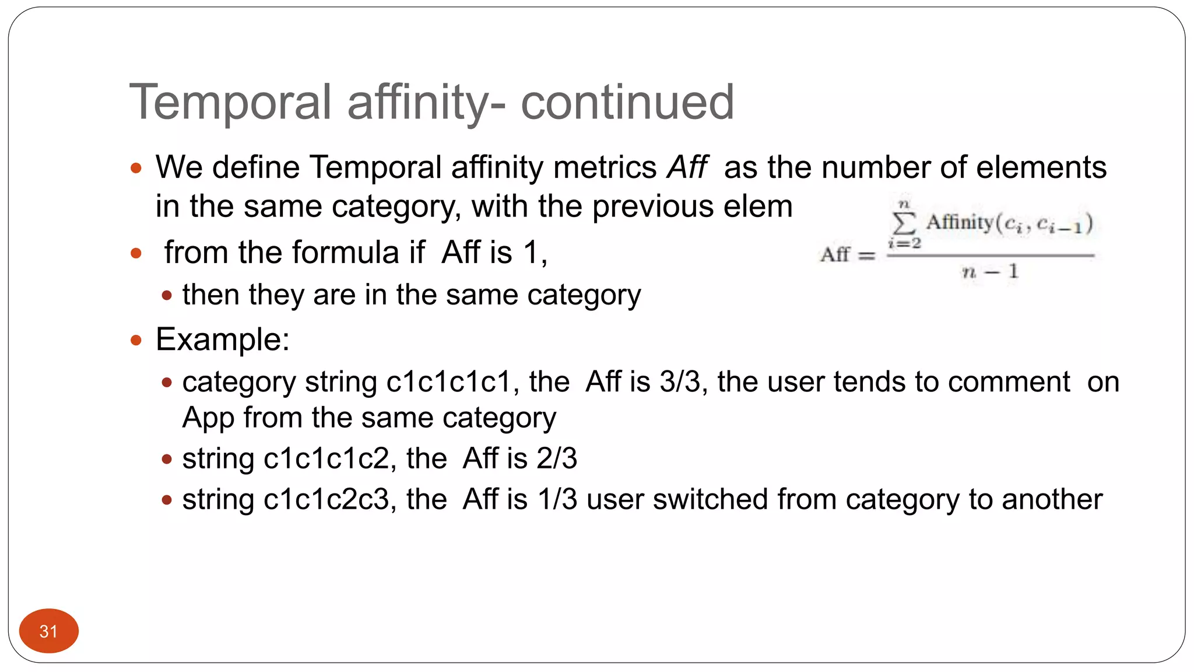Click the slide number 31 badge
click(48, 631)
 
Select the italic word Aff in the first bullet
click(687, 168)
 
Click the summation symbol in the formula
click(904, 223)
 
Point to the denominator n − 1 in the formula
click(990, 271)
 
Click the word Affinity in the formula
click(960, 222)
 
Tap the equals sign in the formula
click(867, 256)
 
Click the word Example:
click(223, 339)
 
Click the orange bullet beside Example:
click(136, 340)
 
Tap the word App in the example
click(209, 419)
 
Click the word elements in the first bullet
click(1041, 168)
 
